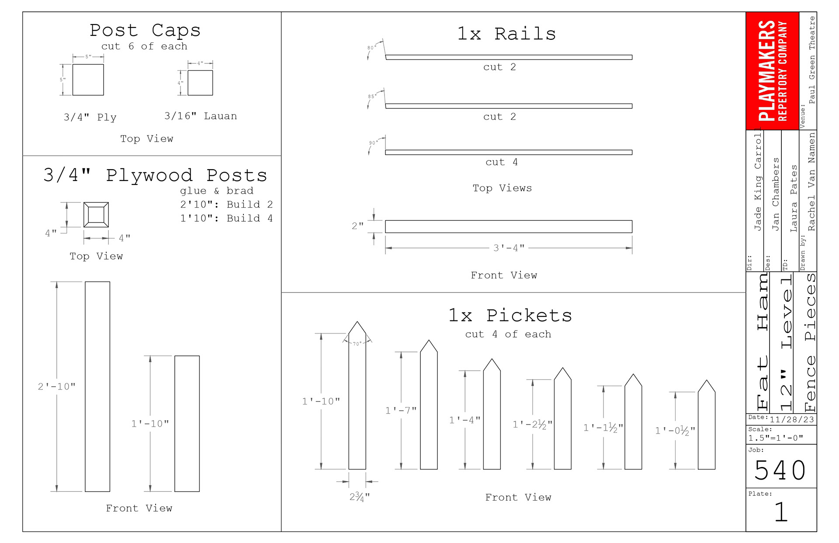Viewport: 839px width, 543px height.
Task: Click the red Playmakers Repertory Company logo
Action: coord(772,71)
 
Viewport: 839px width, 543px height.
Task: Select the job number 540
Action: coord(780,470)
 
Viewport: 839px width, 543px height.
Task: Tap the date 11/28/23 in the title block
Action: coord(791,420)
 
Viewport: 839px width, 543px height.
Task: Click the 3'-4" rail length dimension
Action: coord(509,248)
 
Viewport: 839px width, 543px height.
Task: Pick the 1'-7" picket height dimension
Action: coord(401,411)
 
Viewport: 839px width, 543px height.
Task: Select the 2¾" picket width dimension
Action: coord(359,497)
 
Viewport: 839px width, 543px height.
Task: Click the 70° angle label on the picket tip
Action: coord(357,344)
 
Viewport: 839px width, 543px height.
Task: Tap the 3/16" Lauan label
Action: coord(201,116)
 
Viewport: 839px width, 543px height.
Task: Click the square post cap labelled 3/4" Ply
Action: coord(88,80)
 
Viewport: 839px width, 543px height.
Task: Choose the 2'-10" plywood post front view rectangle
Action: coord(97,386)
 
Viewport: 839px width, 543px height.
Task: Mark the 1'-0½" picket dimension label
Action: coord(675,431)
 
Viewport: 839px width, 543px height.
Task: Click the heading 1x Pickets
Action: coord(510,315)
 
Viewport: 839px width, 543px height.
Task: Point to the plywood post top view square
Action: coord(96,215)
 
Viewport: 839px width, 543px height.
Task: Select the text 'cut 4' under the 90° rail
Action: coord(501,162)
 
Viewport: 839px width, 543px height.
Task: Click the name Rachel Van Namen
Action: coord(811,182)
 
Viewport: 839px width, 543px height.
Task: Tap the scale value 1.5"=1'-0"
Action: coord(775,438)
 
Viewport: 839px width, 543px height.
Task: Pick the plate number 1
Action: coord(780,512)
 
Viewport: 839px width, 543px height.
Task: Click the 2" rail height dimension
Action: coord(357,226)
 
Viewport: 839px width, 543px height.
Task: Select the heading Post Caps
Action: coord(145,30)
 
